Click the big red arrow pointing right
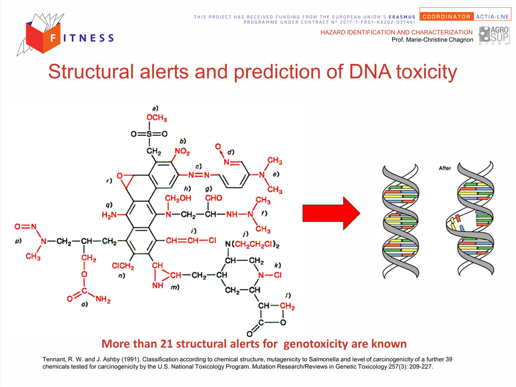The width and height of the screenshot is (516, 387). tap(331, 213)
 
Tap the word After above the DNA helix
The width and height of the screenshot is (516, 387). tap(445, 168)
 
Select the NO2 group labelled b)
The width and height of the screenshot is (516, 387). tap(182, 151)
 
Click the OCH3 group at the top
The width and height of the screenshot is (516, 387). tap(157, 118)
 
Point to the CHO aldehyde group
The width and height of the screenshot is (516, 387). tap(213, 198)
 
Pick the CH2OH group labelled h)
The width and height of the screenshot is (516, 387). tap(178, 198)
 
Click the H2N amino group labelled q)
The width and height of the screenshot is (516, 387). tap(109, 215)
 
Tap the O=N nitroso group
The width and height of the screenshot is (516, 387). tap(25, 227)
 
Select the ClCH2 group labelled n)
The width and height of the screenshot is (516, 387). tap(123, 266)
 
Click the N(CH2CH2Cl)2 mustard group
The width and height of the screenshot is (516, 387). tap(252, 244)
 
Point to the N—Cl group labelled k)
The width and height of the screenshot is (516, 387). tap(270, 275)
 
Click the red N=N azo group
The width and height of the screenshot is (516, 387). tap(199, 175)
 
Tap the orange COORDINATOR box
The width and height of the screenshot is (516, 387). tap(446, 17)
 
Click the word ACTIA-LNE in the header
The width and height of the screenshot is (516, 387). tap(492, 17)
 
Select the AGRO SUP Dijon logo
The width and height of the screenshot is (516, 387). tap(494, 35)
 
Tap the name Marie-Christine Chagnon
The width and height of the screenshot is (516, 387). tap(439, 40)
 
